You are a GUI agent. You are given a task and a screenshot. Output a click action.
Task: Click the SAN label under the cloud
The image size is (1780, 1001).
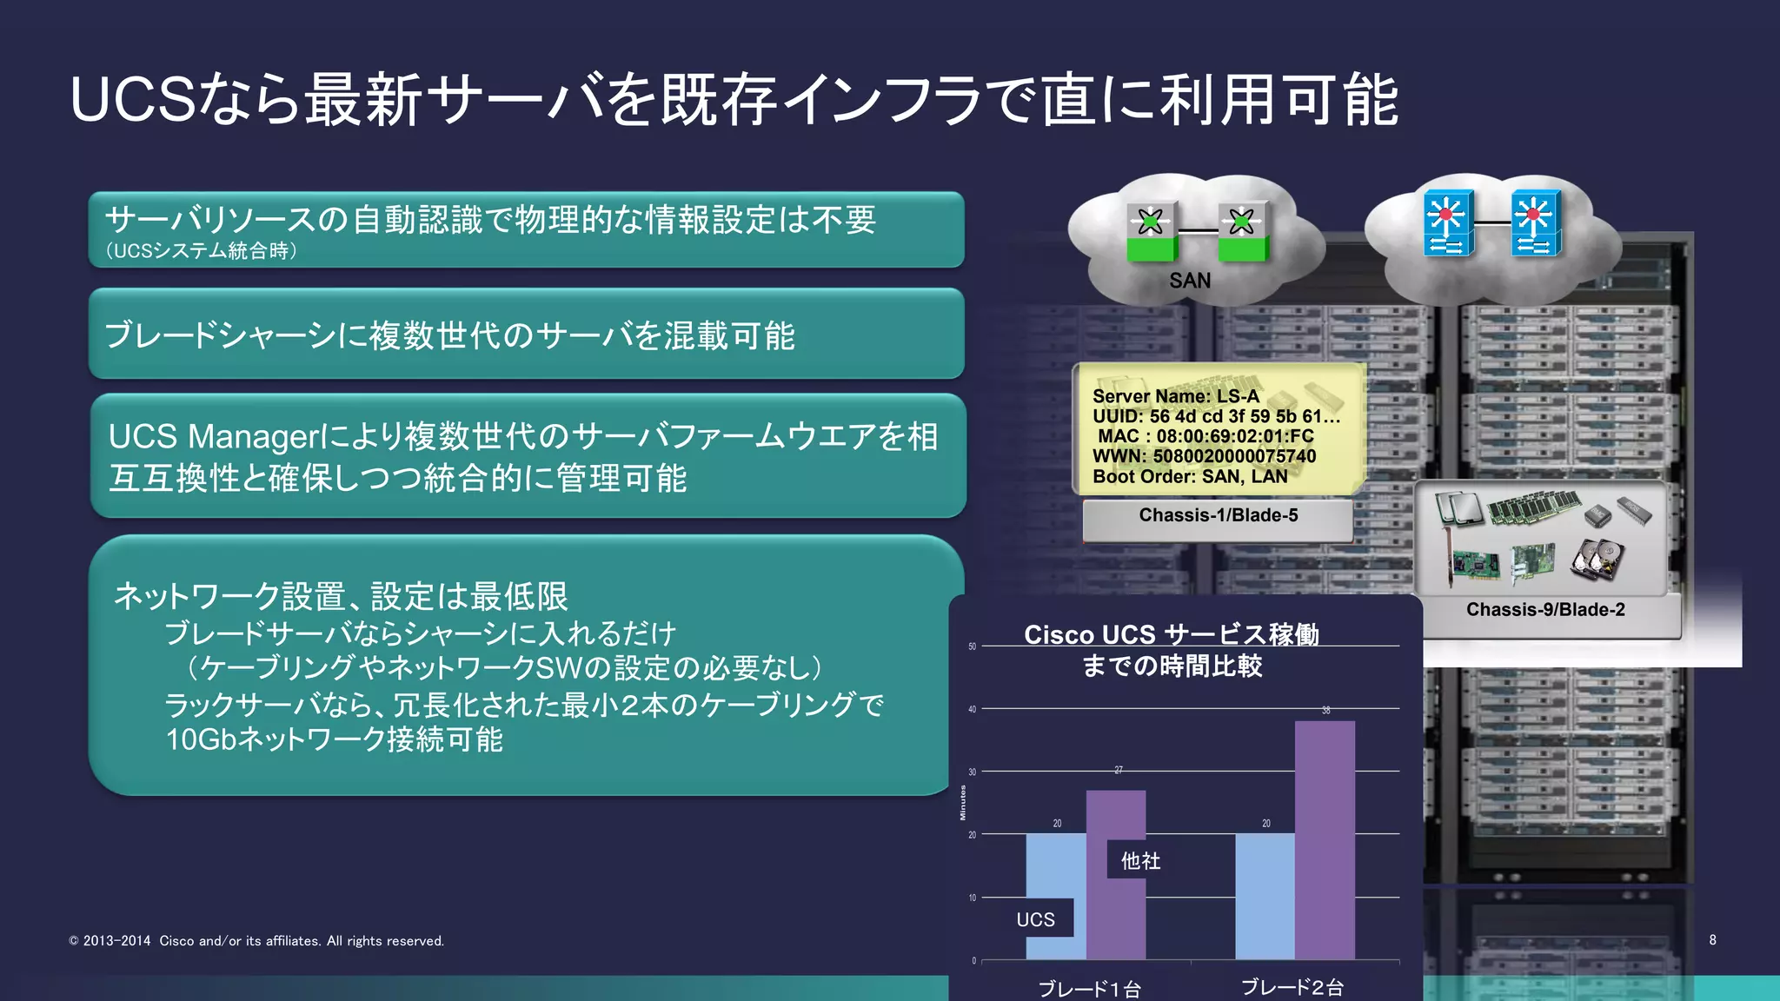[1189, 281]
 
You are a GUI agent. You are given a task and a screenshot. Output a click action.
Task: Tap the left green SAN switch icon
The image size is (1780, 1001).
[1152, 230]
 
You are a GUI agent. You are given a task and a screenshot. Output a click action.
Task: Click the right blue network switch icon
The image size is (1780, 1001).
[1536, 223]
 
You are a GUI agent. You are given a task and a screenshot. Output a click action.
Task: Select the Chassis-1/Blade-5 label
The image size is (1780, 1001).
[1218, 515]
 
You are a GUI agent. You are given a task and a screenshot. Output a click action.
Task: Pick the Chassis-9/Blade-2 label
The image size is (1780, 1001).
[1545, 610]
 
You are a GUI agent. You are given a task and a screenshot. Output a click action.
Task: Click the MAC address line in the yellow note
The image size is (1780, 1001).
[1205, 436]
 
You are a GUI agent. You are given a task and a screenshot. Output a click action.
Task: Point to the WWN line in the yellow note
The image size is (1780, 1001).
[1204, 456]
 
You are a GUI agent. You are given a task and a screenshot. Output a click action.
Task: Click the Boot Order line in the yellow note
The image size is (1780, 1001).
[1189, 476]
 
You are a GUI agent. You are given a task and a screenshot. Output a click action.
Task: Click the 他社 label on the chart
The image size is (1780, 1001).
[1140, 860]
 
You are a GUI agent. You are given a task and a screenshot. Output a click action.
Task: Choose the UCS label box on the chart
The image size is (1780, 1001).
[1036, 919]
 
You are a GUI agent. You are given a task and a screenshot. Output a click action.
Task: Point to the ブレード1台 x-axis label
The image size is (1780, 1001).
[1089, 989]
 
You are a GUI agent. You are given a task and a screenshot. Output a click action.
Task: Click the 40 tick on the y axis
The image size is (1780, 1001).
[973, 709]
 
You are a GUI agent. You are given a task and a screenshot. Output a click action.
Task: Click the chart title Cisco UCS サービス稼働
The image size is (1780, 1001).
[1171, 634]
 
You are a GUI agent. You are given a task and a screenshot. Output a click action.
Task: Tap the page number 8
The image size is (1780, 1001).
[1712, 939]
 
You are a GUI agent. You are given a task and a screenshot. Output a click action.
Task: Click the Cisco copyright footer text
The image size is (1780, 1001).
[256, 941]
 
